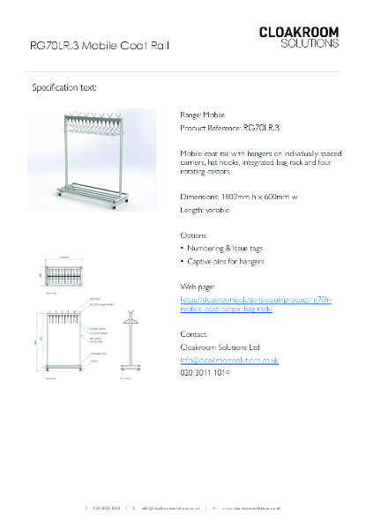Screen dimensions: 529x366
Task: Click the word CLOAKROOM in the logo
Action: click(x=298, y=32)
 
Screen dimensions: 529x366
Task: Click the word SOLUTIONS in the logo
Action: click(x=310, y=43)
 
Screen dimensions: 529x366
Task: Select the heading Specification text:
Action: click(x=64, y=88)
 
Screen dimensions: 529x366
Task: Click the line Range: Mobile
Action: click(x=202, y=115)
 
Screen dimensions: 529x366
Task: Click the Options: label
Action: click(x=194, y=235)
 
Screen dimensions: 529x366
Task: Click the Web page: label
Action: click(x=198, y=287)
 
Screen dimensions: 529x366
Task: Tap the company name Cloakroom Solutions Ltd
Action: click(x=220, y=347)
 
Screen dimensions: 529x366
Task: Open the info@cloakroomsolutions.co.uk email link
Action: click(x=229, y=361)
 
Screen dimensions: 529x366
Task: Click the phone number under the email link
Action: click(x=205, y=374)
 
